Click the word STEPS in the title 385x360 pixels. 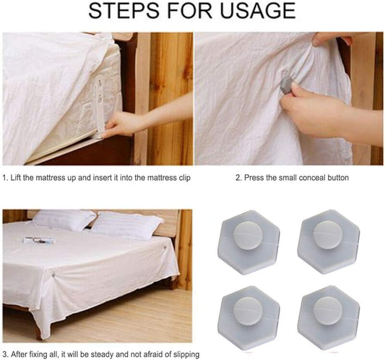pos(124,10)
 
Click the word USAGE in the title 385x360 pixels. pos(257,10)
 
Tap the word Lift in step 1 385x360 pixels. pos(15,177)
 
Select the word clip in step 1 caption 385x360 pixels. pos(184,178)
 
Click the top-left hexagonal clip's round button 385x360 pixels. pos(248,236)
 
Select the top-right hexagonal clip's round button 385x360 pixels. pos(327,235)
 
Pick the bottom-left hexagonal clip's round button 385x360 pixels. pos(248,311)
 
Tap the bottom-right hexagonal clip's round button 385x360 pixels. pos(327,311)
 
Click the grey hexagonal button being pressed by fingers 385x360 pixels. pos(286,85)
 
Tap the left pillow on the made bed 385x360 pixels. pos(64,220)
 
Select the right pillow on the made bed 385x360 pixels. pos(127,226)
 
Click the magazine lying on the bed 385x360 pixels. pos(38,240)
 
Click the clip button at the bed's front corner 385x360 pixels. pos(53,274)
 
